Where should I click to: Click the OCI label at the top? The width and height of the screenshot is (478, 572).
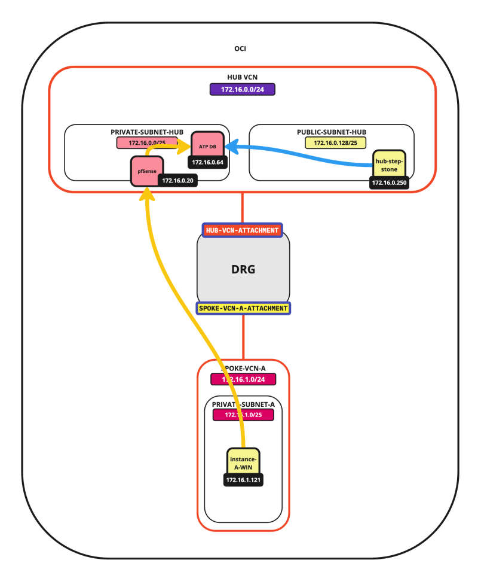(x=240, y=48)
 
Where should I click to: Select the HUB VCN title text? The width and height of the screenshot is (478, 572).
(x=242, y=78)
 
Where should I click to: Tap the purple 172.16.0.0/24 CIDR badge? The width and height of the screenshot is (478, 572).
(x=242, y=90)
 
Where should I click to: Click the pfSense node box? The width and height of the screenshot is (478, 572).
(x=143, y=170)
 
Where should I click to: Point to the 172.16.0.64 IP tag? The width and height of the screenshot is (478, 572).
(x=208, y=162)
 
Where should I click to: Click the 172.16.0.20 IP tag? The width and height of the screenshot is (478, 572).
(x=177, y=181)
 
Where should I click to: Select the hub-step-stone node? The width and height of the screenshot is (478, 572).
(x=390, y=163)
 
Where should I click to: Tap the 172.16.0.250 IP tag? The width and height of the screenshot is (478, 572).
(x=389, y=182)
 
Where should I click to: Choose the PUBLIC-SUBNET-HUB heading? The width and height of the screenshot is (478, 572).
(x=332, y=132)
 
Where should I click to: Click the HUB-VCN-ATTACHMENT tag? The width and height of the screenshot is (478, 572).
(x=242, y=230)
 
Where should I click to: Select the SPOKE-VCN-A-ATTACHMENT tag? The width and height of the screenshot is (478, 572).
(x=243, y=308)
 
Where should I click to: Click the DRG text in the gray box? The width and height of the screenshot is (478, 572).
(x=243, y=269)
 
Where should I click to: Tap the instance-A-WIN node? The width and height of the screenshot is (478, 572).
(x=244, y=463)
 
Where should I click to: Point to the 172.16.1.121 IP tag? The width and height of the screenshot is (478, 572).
(x=244, y=480)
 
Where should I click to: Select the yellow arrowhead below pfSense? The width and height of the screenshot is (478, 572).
(x=145, y=194)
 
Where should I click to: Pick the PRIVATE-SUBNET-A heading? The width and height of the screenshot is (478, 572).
(x=243, y=404)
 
